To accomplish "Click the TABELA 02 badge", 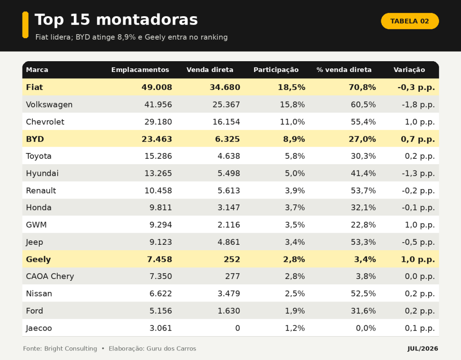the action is (410, 21).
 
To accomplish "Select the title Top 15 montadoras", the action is (116, 20).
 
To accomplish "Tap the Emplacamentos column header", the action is (140, 70).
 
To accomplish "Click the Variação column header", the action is (409, 70).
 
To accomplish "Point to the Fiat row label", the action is (34, 87).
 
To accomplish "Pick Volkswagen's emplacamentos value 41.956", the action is (158, 104).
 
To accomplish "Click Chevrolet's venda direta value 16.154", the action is (226, 121).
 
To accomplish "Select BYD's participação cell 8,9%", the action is (294, 139).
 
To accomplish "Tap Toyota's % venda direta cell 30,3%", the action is (363, 156).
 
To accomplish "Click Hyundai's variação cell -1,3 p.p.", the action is (418, 173).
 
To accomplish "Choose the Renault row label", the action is (41, 190).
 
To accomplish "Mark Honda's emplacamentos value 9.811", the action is (161, 207).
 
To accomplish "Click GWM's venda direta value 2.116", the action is (229, 225).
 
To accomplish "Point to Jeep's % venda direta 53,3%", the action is (363, 242).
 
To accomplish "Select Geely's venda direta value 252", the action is (232, 259).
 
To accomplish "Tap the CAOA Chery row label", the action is (50, 277).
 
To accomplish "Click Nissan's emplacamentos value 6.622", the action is (161, 293).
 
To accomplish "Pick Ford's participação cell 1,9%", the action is (295, 311).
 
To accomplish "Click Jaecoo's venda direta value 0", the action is (238, 328).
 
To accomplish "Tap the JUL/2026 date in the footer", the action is (422, 349).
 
